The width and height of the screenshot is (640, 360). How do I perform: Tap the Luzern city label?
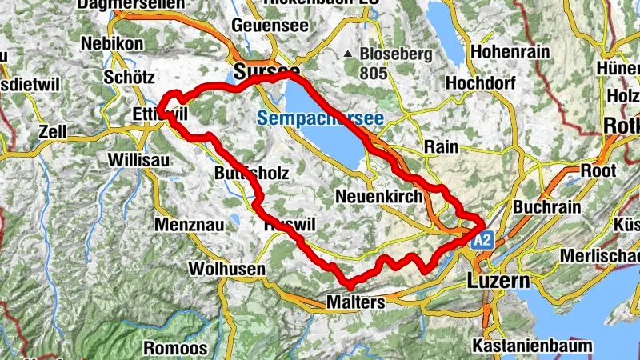498,282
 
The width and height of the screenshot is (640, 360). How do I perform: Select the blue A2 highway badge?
482,239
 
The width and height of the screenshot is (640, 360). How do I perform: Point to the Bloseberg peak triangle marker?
348,54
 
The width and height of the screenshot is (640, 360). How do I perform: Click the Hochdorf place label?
478,82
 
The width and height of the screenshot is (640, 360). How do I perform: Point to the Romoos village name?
176,348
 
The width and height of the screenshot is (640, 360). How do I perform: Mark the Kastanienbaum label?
544,346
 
